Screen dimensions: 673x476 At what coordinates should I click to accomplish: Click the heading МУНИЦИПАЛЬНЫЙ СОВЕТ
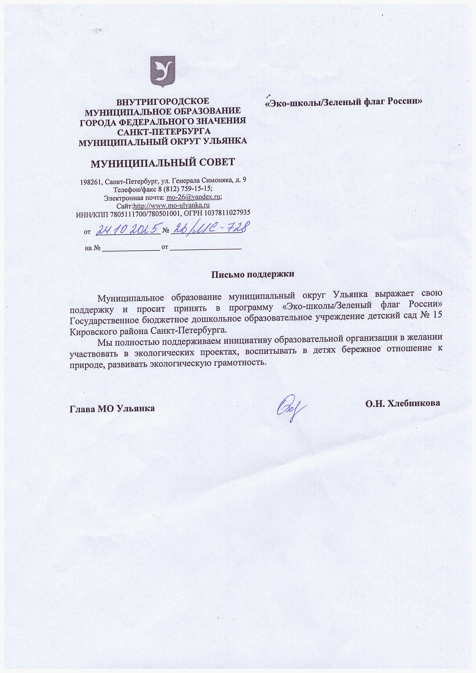163,163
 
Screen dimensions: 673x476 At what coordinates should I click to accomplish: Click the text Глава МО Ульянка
112,408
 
